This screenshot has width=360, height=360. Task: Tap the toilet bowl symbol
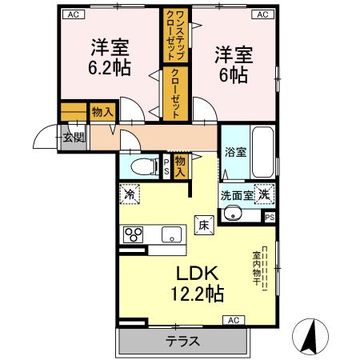tap(143, 167)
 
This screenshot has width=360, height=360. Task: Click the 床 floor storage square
tap(203, 226)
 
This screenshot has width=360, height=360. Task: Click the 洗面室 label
tap(238, 194)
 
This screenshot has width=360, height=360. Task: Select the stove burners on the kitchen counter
tap(132, 234)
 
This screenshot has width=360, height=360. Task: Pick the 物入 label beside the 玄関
tap(101, 112)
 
